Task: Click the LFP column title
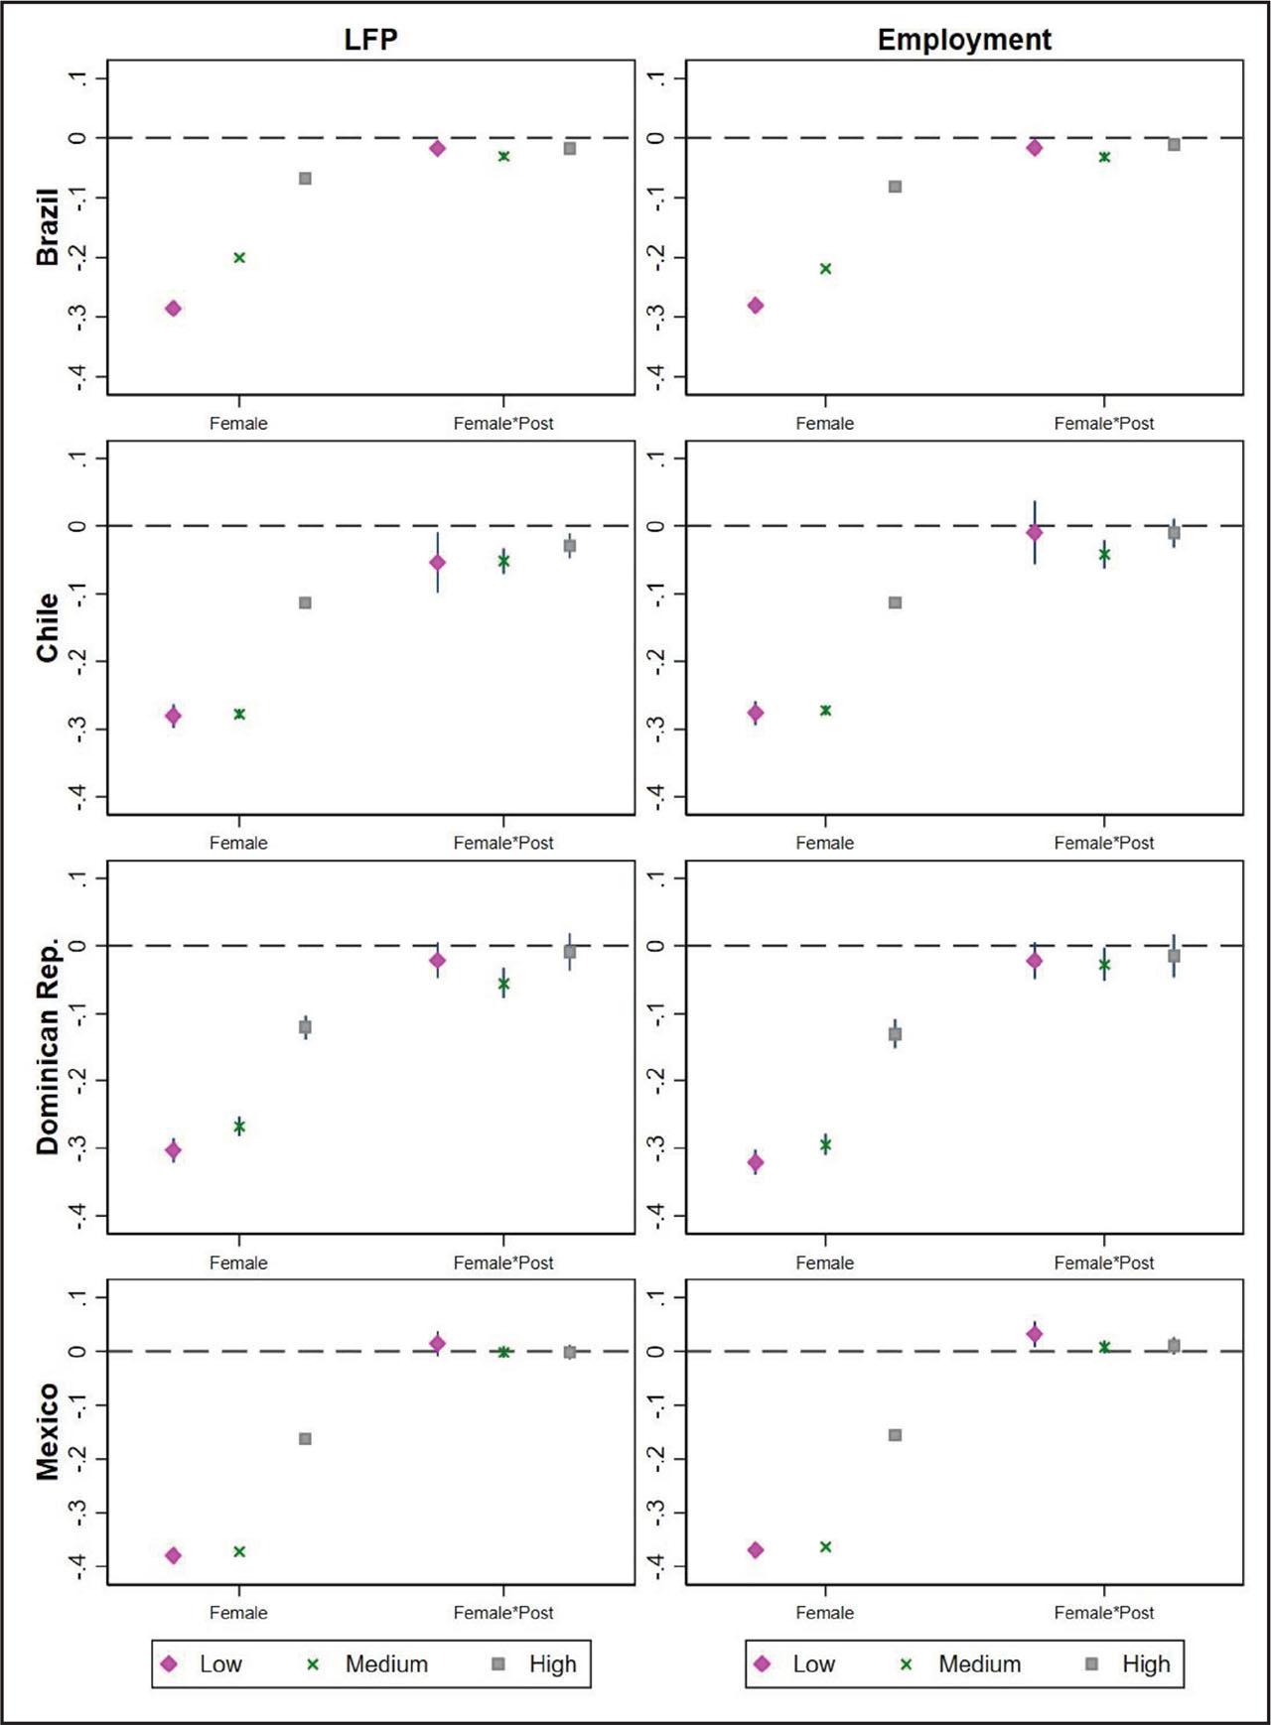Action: click(370, 40)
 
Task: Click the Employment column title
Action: click(963, 40)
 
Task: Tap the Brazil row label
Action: click(48, 227)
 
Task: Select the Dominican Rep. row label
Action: click(48, 1046)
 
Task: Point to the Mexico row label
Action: click(48, 1431)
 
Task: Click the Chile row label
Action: click(48, 627)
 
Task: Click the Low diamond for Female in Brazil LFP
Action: click(173, 309)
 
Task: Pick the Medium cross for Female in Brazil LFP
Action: click(239, 258)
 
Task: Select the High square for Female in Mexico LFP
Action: click(305, 1438)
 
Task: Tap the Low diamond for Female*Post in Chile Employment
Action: click(1035, 533)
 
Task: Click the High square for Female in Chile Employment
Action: click(895, 602)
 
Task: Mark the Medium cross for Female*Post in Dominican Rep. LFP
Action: click(503, 984)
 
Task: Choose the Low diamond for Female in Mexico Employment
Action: click(756, 1549)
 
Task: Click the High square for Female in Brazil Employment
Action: click(895, 187)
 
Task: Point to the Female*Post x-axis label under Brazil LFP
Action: click(503, 423)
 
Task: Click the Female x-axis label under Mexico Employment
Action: click(824, 1612)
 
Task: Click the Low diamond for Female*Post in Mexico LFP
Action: click(438, 1344)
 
